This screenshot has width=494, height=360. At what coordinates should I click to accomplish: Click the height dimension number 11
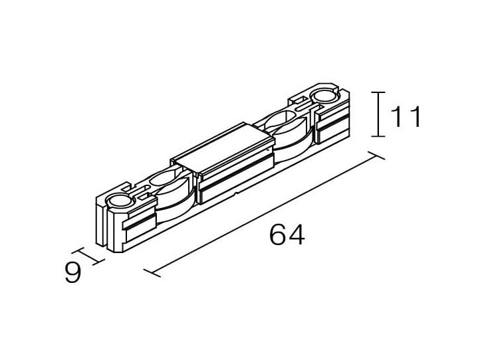point(406,116)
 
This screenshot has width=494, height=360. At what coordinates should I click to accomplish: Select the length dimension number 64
point(287,234)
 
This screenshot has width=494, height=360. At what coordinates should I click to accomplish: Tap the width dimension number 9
point(73,272)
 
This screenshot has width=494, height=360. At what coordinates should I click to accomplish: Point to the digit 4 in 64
point(296,234)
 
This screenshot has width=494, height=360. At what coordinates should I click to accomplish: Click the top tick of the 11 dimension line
point(378,92)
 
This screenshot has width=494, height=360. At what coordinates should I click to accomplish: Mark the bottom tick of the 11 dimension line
point(378,136)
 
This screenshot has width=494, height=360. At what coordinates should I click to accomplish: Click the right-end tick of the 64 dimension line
point(376,155)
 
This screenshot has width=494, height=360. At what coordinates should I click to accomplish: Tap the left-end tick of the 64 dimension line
point(152,273)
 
